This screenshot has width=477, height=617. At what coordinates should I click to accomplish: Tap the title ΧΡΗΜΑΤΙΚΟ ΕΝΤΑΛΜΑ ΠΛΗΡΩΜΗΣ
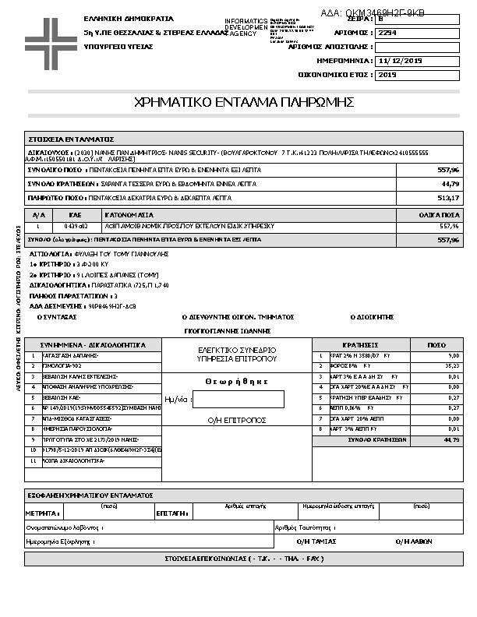pyautogui.click(x=245, y=102)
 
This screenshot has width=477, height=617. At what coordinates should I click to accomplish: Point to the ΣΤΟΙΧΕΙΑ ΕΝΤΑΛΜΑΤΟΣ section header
pyautogui.click(x=71, y=138)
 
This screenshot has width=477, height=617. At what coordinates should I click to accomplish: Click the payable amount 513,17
pyautogui.click(x=449, y=198)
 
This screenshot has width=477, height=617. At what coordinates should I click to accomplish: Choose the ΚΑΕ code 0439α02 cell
pyautogui.click(x=76, y=226)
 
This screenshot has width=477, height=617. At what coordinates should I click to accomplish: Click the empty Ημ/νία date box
pyautogui.click(x=238, y=400)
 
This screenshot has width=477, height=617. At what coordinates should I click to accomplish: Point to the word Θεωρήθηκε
pyautogui.click(x=237, y=382)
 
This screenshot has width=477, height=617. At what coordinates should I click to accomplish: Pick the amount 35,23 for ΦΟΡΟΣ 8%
pyautogui.click(x=451, y=365)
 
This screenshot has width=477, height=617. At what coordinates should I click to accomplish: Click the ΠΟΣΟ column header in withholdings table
pyautogui.click(x=436, y=344)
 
